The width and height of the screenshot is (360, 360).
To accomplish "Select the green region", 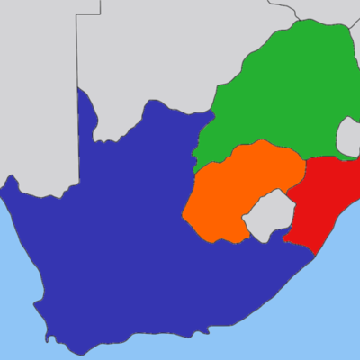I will point(279,90).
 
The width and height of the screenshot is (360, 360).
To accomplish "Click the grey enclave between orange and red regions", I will point(265,216).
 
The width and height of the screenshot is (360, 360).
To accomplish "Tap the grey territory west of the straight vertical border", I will point(36,90).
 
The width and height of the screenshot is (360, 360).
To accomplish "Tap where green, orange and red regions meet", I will point(306,160).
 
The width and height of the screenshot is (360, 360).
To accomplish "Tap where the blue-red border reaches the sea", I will point(314,256).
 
